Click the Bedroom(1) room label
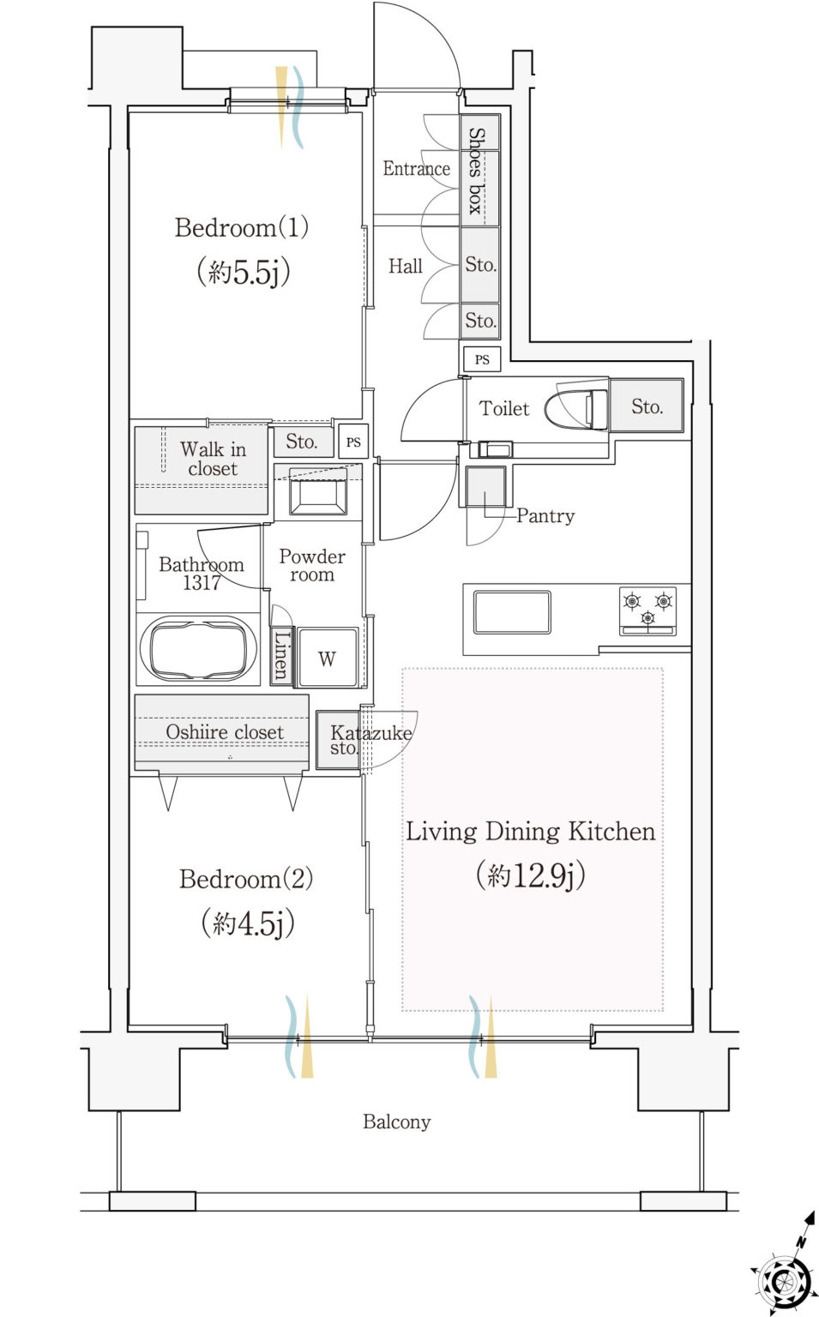point(242,227)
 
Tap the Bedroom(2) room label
point(246,879)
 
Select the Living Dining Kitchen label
point(530,832)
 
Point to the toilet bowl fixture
point(576,409)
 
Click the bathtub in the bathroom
point(199,649)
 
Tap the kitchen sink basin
point(512,612)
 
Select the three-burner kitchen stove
point(647,611)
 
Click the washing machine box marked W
point(328,658)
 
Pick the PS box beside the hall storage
point(482,359)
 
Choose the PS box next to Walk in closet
point(353,442)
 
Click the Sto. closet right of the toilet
point(647,406)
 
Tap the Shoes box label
point(476,171)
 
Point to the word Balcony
point(397,1122)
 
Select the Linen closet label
point(281,656)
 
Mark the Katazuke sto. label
point(370,740)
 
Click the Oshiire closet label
point(225,732)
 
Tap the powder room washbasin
point(317,491)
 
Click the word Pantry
point(545,516)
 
